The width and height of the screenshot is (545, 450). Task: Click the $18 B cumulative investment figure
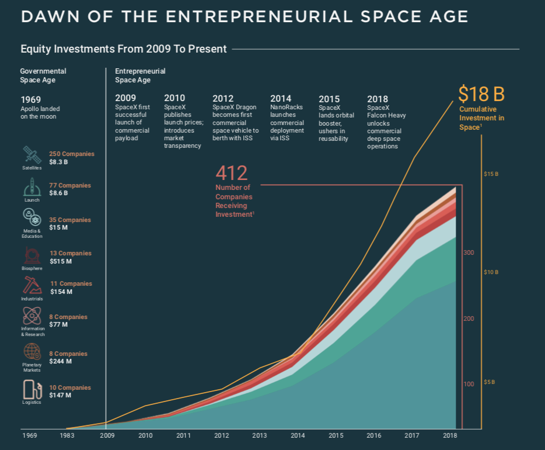tap(481, 94)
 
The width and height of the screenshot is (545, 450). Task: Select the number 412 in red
tap(232, 173)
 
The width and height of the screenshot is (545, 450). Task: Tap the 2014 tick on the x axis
tap(298, 436)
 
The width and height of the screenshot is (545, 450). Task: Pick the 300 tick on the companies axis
tap(469, 252)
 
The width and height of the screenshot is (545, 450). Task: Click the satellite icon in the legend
tap(32, 155)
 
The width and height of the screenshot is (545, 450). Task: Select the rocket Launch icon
tap(32, 187)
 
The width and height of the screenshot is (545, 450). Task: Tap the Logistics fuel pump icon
tap(32, 389)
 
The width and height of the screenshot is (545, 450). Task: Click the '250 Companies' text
tap(72, 154)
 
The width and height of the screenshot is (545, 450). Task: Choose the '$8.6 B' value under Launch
tap(59, 192)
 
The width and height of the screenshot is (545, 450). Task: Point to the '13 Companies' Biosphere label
tap(71, 254)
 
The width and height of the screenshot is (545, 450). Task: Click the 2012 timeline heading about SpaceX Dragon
tap(222, 99)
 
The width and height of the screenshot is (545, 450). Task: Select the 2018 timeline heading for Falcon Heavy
tap(377, 99)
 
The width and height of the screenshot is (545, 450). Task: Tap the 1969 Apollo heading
tap(30, 99)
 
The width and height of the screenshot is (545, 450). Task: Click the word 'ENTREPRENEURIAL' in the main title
tap(258, 17)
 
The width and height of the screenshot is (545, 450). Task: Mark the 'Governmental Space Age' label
tap(43, 75)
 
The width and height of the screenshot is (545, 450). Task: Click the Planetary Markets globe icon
tap(32, 351)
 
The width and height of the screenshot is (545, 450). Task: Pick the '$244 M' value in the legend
tap(61, 361)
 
